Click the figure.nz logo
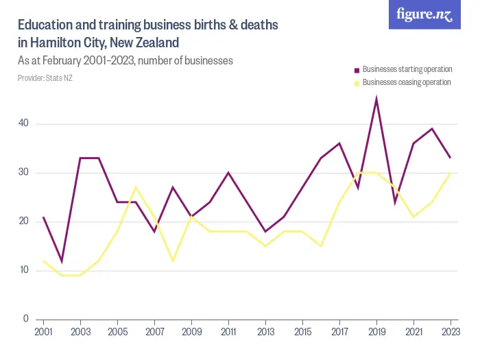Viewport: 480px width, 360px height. click(425, 15)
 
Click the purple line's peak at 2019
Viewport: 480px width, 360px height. click(376, 99)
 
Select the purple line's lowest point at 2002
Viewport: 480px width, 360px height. click(62, 261)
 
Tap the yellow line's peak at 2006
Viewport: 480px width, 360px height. click(136, 187)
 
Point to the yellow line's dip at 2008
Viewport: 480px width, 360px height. click(173, 261)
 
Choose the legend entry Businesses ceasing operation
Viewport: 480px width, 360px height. click(406, 82)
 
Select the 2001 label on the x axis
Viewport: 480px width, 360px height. click(44, 332)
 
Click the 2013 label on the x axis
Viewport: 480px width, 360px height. click(265, 332)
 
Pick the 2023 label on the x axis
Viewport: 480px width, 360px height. click(449, 332)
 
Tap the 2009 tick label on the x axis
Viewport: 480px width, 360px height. click(191, 332)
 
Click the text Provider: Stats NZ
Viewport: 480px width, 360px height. click(45, 78)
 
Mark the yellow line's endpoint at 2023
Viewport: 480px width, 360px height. click(450, 173)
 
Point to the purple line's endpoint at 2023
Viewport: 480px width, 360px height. click(450, 158)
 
